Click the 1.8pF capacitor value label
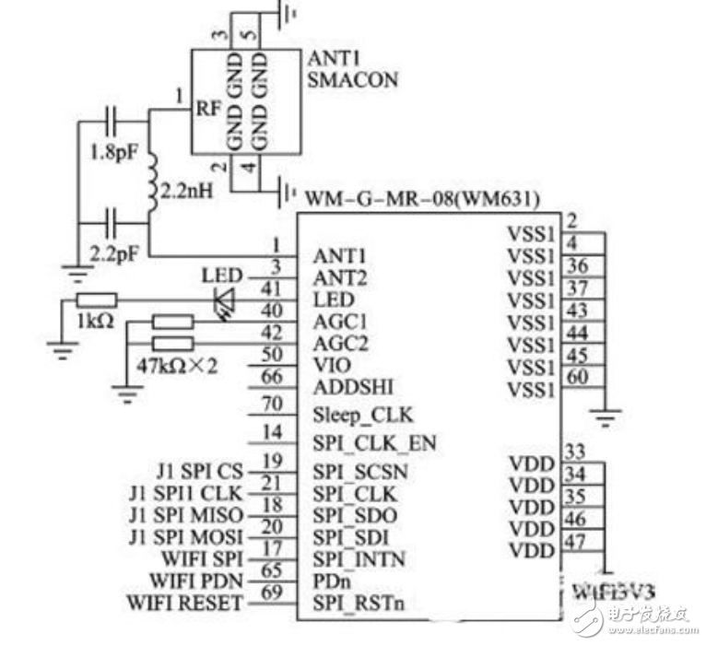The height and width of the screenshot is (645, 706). [x=112, y=152]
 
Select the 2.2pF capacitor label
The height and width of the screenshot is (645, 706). [x=112, y=250]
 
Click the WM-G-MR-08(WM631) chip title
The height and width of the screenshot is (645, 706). [x=423, y=197]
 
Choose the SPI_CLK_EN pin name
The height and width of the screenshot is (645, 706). [x=373, y=444]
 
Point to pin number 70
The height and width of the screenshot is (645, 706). [x=272, y=403]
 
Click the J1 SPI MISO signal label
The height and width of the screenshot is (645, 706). [x=187, y=513]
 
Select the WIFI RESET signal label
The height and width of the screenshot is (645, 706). [x=184, y=603]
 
